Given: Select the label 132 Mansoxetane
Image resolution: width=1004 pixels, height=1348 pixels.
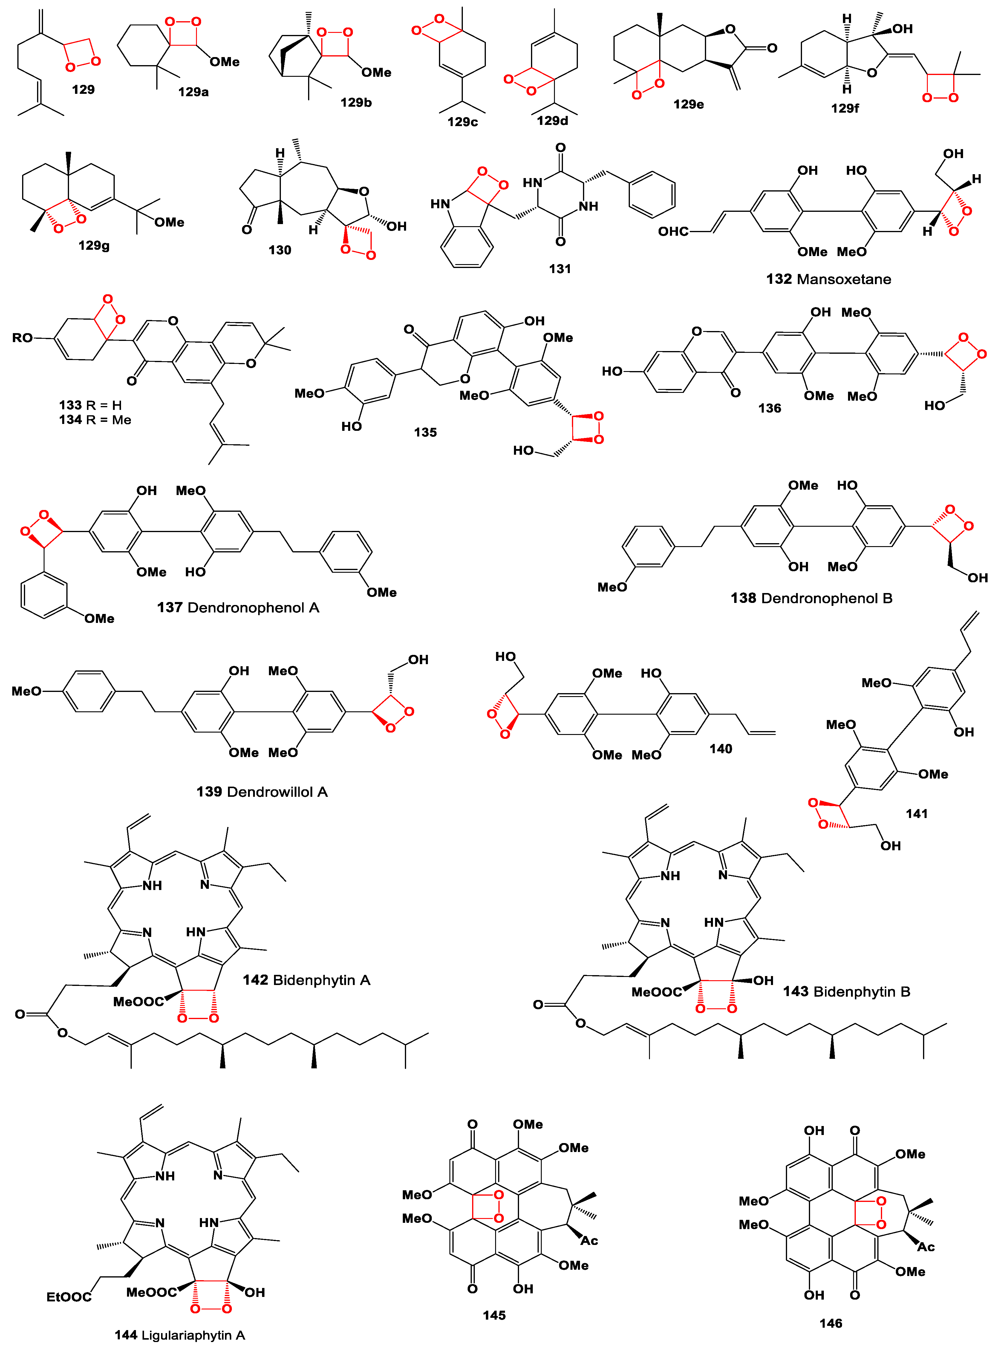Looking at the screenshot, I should coord(828,279).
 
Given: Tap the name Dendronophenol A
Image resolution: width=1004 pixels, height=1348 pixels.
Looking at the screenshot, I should coord(253,607).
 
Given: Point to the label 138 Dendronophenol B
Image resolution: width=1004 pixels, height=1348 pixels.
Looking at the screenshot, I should coord(811,598).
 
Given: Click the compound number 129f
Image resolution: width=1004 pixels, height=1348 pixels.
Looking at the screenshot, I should coord(845,108).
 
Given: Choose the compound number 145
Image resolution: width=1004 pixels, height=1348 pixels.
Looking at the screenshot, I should coord(494,1315).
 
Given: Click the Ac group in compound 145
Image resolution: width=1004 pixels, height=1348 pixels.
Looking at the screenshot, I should coord(589,1240).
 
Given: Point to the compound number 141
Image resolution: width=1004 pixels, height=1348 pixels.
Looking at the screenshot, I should coord(916,814).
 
